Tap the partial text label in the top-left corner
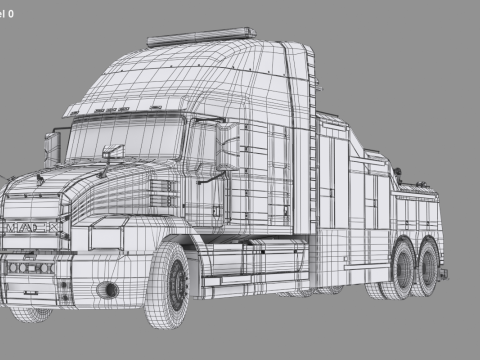click(8, 14)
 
